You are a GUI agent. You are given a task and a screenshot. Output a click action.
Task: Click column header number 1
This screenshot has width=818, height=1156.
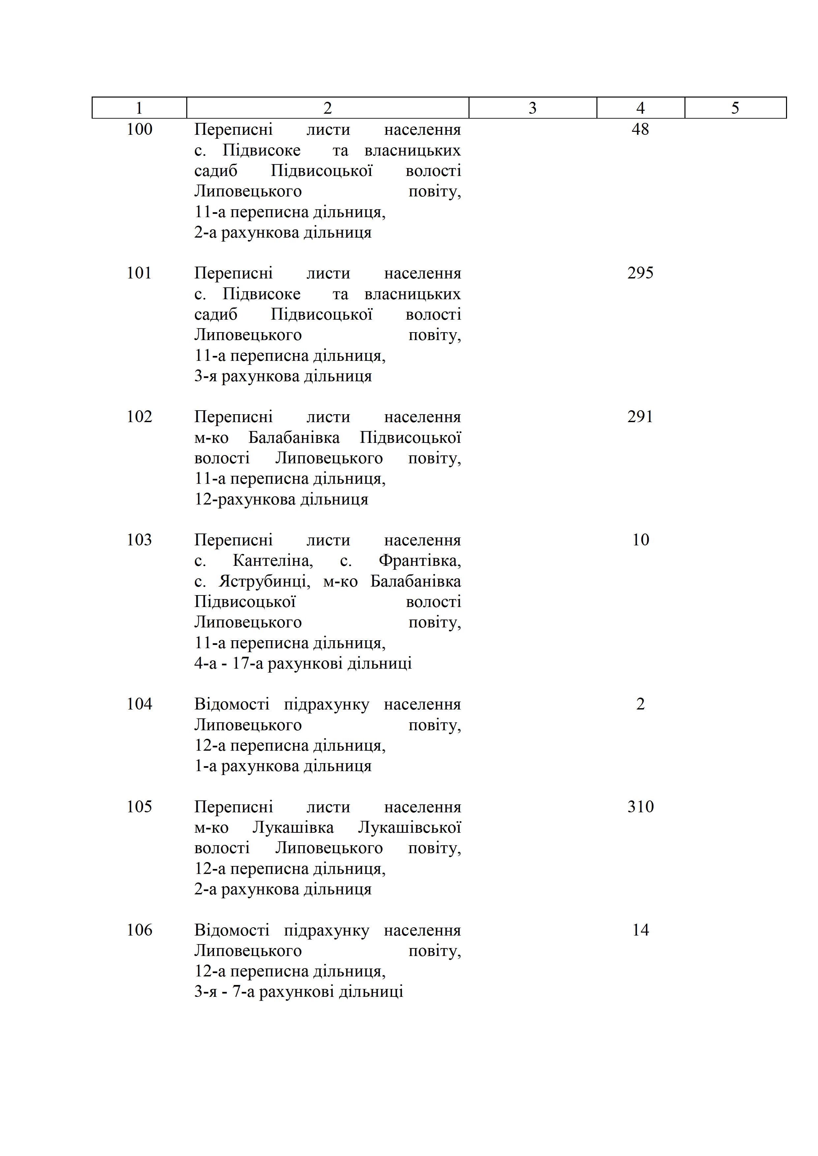coord(139,108)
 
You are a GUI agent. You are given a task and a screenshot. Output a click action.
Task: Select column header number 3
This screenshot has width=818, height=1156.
coord(532,108)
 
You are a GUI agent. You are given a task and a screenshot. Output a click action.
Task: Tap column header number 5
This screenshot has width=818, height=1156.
coord(735,108)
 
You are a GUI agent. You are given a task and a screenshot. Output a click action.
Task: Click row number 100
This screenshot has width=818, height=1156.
coord(139,130)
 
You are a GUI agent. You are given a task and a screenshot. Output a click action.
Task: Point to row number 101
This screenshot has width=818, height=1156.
coord(139,273)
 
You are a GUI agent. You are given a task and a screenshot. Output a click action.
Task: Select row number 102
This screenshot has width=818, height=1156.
coord(139,417)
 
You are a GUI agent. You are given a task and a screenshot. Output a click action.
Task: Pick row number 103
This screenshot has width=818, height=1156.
coord(139,540)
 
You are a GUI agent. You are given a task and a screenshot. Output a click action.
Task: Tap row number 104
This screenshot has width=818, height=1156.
coord(139,704)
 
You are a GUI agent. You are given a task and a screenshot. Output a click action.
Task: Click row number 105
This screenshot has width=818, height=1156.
coord(139,807)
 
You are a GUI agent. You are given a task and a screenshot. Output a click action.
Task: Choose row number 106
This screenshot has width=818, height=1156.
coord(139,930)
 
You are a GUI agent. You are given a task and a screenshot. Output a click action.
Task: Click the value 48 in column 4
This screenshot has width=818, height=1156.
coord(640,130)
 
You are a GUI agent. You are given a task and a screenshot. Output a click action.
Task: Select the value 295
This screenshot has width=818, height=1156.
coord(640,273)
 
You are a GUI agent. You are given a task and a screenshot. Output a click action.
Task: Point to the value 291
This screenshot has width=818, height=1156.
coord(640,417)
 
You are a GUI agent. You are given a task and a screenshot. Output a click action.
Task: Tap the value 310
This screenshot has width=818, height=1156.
coord(640,807)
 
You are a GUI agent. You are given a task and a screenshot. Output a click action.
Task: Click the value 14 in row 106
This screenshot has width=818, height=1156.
coord(640,930)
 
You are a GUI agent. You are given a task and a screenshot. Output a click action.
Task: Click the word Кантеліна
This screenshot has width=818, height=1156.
coord(272,561)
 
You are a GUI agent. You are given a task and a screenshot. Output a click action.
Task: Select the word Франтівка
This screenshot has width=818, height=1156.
coord(420,561)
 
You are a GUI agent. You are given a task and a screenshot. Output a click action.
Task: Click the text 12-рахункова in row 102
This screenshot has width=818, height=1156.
coord(245,500)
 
